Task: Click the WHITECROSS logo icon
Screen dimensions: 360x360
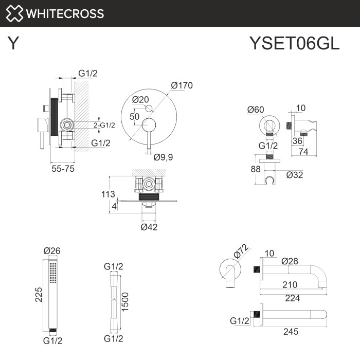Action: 14,13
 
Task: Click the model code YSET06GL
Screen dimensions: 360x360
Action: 294,44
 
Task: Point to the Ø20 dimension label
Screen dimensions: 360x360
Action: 140,99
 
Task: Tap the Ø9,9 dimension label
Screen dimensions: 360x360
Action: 164,157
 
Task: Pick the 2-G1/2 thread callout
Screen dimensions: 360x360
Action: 104,125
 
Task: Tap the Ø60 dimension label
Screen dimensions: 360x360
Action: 256,109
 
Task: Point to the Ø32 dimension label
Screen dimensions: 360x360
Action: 295,174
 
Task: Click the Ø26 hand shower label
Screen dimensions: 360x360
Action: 52,250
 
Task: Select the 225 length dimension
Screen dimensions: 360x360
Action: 38,295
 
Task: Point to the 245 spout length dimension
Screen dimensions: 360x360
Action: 291,332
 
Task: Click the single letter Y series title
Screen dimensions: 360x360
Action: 14,44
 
